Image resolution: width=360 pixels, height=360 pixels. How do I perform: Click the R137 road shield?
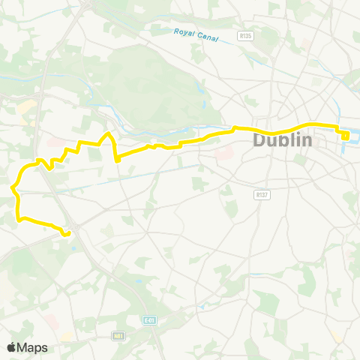tap(261, 193)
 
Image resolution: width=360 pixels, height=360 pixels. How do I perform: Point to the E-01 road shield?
tap(148, 319)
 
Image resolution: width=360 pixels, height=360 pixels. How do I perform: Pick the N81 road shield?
tap(118, 335)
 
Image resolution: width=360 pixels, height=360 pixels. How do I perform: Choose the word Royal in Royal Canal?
tap(183, 32)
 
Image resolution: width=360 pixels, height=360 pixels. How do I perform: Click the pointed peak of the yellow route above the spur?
tap(109, 133)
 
